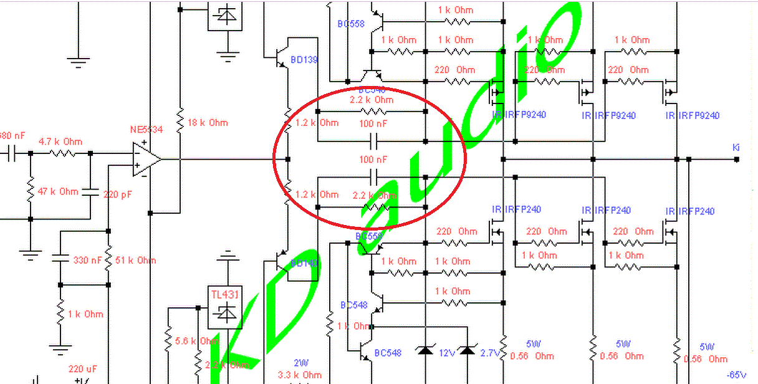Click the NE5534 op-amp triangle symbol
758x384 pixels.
pos(145,159)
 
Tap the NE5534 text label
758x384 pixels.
pos(146,130)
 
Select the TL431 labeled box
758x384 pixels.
pos(225,307)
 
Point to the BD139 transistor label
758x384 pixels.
pos(304,60)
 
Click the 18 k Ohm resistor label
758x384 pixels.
pos(208,123)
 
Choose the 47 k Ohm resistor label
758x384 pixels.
pos(59,191)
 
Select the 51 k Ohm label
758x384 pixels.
pos(135,260)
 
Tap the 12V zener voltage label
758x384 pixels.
pos(447,353)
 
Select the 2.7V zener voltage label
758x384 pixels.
pos(490,353)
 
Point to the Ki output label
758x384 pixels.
pos(736,147)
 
